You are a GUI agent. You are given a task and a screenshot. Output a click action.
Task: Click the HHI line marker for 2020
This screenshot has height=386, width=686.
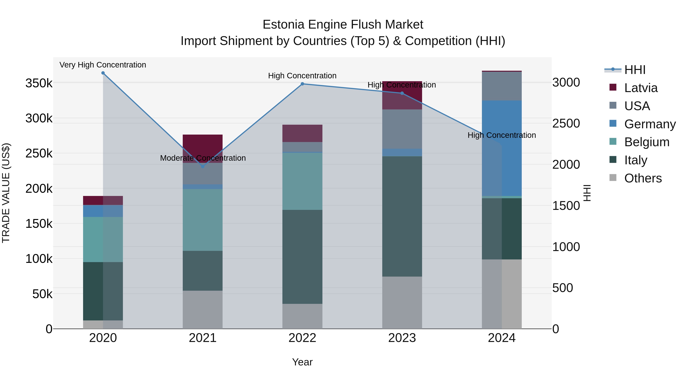click(103, 73)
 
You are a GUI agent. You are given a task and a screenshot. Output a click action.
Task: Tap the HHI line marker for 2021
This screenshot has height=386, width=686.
click(203, 166)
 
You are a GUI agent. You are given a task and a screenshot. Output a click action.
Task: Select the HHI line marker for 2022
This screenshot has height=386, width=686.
click(302, 84)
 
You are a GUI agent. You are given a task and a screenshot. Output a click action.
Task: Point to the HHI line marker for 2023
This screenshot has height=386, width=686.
click(402, 93)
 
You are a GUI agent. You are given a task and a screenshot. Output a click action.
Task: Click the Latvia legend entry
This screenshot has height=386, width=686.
click(640, 88)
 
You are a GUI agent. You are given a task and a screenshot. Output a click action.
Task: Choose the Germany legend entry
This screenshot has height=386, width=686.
click(650, 124)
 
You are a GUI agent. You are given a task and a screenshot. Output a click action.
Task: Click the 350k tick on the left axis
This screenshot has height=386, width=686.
click(39, 83)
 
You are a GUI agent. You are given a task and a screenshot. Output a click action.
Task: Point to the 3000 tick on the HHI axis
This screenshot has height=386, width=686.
click(566, 82)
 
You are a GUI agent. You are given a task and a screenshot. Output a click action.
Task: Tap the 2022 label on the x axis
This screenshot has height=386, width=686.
click(302, 338)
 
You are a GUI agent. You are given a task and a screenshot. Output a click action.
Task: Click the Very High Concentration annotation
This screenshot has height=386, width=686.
click(103, 65)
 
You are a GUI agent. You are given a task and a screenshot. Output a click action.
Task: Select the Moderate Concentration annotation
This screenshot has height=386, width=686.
click(203, 158)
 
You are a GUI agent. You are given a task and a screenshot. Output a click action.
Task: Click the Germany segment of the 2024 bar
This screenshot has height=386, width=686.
click(502, 148)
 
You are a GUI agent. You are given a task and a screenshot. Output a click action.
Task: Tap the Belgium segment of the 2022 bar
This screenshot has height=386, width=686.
click(302, 181)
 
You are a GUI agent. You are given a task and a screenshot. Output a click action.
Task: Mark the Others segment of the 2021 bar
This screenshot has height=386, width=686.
click(203, 310)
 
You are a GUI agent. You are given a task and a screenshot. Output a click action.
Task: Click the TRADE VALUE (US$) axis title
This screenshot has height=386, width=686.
click(6, 193)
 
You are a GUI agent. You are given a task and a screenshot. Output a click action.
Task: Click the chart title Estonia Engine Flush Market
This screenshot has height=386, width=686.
click(343, 25)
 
